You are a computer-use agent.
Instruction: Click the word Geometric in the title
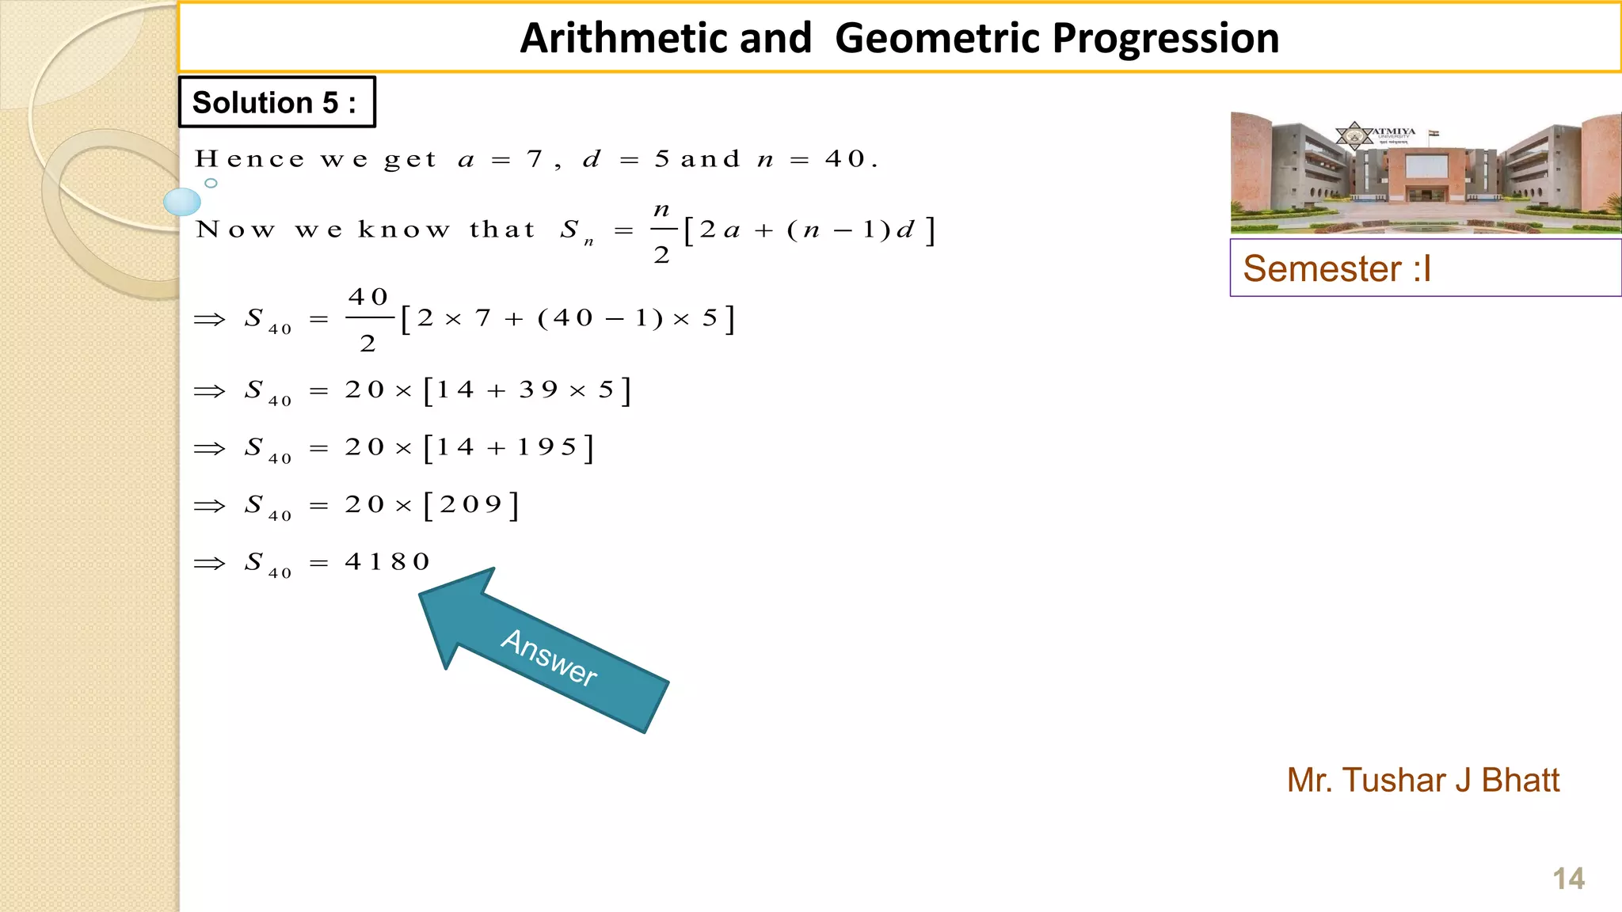click(x=938, y=38)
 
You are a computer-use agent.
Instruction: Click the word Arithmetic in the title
click(x=665, y=38)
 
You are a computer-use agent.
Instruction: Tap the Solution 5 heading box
click(x=276, y=102)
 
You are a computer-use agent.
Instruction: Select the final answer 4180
click(x=387, y=562)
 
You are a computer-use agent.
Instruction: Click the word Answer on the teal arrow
click(x=549, y=656)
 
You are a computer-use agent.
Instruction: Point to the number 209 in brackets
click(x=470, y=505)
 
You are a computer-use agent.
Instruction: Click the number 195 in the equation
click(x=547, y=448)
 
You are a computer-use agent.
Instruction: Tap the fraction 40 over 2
click(x=368, y=319)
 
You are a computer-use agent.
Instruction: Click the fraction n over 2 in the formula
click(x=662, y=231)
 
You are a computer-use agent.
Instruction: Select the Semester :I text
click(x=1337, y=268)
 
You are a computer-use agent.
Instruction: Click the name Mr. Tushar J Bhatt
click(x=1422, y=781)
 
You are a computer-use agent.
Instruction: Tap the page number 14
click(x=1568, y=879)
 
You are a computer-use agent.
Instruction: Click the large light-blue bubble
click(x=182, y=202)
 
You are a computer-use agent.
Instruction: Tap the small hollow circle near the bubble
click(x=211, y=183)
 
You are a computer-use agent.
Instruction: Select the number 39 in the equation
click(x=539, y=390)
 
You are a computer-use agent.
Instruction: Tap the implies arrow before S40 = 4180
click(x=210, y=564)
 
